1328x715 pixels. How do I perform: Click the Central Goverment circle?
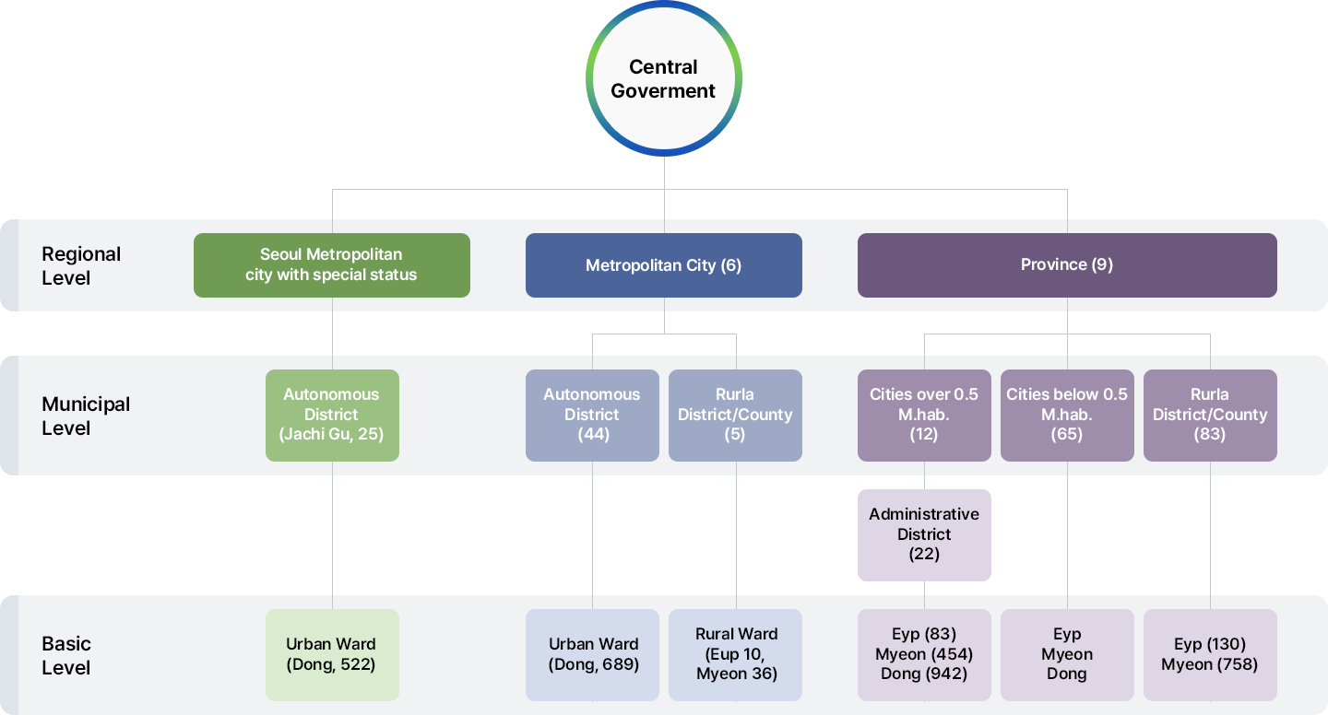point(664,78)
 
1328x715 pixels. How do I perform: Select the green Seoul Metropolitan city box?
point(332,265)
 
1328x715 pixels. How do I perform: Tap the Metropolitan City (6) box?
point(664,265)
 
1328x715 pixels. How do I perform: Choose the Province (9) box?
point(1067,265)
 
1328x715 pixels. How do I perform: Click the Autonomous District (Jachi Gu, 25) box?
point(332,415)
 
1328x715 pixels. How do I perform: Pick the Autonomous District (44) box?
point(592,415)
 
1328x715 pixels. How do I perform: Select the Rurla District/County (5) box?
point(735,415)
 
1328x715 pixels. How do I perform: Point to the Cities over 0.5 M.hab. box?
point(924,415)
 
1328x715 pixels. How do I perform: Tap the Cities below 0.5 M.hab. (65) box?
point(1067,415)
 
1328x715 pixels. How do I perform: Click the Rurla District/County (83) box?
point(1210,415)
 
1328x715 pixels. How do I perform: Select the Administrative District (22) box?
point(924,534)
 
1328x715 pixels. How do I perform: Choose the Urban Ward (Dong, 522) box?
point(332,654)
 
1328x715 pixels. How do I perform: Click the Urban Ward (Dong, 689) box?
point(592,654)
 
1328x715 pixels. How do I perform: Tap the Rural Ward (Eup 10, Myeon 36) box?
point(735,654)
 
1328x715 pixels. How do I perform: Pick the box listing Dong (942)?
point(924,654)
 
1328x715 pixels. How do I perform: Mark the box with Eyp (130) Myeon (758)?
point(1210,654)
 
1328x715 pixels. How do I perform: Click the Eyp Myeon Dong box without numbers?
point(1067,654)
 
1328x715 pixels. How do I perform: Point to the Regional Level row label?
point(81,265)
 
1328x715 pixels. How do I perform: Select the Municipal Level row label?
point(86,416)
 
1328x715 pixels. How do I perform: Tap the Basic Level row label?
point(66,655)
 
